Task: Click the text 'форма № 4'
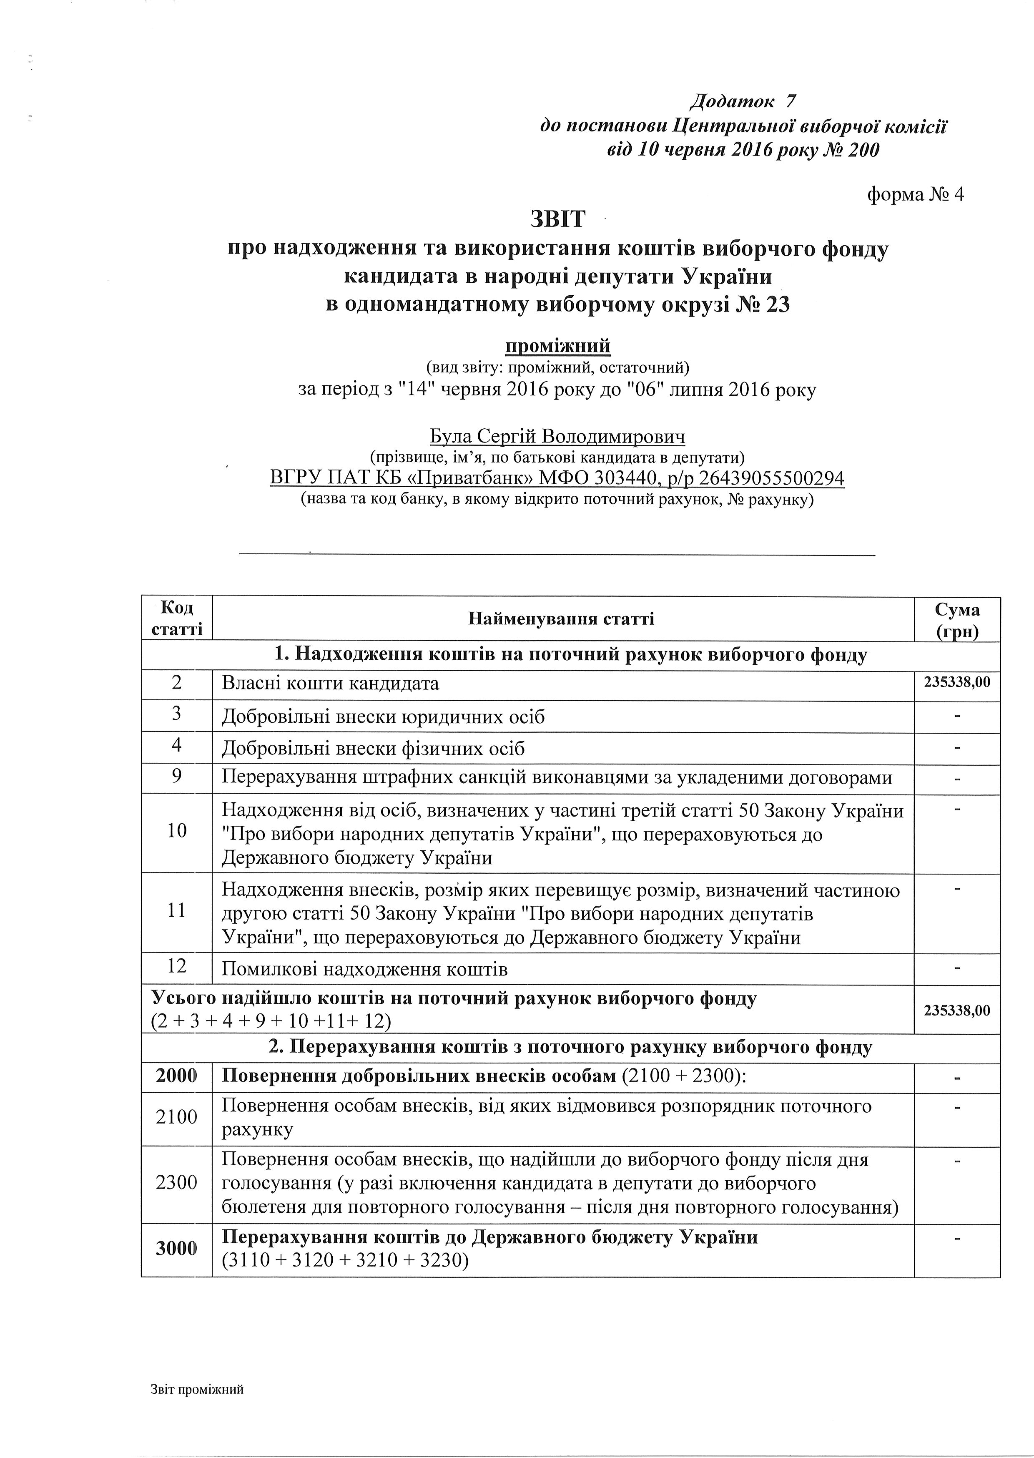click(916, 194)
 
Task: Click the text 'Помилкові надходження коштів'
click(364, 970)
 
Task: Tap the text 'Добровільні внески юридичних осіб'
click(383, 717)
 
